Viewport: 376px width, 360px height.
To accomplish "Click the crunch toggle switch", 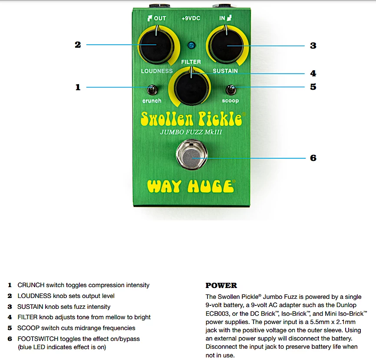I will pyautogui.click(x=152, y=90).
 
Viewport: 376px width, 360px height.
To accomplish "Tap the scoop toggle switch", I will pyautogui.click(x=230, y=90).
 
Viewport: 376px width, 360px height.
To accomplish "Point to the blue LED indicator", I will pyautogui.click(x=191, y=45).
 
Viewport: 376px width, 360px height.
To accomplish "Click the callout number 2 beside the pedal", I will pyautogui.click(x=78, y=45).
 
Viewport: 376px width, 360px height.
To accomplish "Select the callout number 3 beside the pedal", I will pyautogui.click(x=313, y=46).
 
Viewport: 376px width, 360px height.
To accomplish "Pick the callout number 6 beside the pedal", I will pyautogui.click(x=313, y=158).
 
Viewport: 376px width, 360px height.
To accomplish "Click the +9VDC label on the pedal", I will pyautogui.click(x=191, y=19).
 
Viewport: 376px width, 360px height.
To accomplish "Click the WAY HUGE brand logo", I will pyautogui.click(x=191, y=187).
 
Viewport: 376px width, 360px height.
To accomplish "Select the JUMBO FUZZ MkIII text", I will pyautogui.click(x=191, y=132).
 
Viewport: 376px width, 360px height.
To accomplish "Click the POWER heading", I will pyautogui.click(x=221, y=285).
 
